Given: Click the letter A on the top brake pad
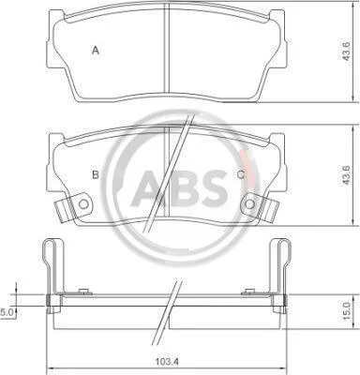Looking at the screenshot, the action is coord(96,50).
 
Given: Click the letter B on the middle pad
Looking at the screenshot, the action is coord(96,174).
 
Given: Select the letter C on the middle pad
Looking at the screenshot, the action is coord(240,174).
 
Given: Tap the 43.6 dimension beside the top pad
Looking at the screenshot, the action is coord(347,52).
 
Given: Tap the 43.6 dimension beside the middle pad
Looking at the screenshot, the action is coord(347,175).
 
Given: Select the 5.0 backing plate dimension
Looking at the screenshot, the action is coord(6,312).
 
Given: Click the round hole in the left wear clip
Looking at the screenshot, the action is coord(83,204).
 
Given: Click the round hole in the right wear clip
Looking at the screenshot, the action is coord(249,204).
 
